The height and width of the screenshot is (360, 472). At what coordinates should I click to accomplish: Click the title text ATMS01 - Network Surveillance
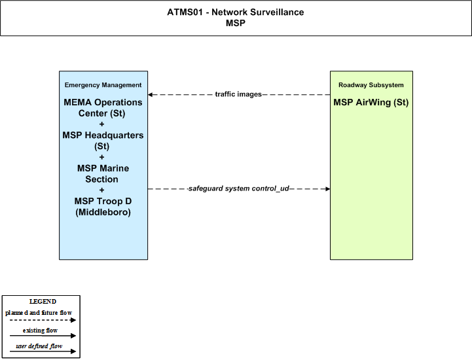click(236, 12)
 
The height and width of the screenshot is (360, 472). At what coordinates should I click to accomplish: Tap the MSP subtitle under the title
click(236, 23)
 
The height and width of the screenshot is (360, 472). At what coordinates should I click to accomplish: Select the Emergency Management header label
click(103, 85)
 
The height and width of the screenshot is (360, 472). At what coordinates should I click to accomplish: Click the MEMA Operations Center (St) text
click(103, 108)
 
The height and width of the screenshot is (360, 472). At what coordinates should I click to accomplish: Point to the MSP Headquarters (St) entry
click(103, 141)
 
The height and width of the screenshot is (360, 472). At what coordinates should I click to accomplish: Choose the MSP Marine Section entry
click(103, 173)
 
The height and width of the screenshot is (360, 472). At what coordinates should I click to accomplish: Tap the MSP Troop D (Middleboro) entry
click(103, 206)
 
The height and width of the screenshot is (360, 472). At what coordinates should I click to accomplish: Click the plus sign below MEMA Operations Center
click(101, 124)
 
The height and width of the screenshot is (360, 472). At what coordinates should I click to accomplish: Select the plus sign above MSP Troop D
click(101, 190)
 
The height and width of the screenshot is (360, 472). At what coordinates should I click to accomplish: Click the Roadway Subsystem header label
click(371, 85)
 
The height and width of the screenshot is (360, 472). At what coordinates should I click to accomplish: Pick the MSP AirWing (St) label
click(371, 102)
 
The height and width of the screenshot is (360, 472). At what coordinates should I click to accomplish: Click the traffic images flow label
click(238, 94)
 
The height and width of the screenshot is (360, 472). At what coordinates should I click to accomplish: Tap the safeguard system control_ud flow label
click(238, 189)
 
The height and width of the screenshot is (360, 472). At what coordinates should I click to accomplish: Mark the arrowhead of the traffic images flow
click(150, 94)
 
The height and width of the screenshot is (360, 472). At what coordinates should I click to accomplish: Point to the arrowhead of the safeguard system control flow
click(328, 189)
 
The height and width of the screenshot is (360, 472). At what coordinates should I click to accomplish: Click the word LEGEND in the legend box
click(43, 301)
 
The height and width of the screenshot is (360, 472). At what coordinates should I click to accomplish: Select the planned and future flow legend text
click(39, 313)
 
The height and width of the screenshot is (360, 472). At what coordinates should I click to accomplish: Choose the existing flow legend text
click(40, 331)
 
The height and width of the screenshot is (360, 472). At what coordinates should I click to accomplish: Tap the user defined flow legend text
click(39, 346)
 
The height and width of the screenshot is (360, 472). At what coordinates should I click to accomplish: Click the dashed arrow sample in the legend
click(43, 320)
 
